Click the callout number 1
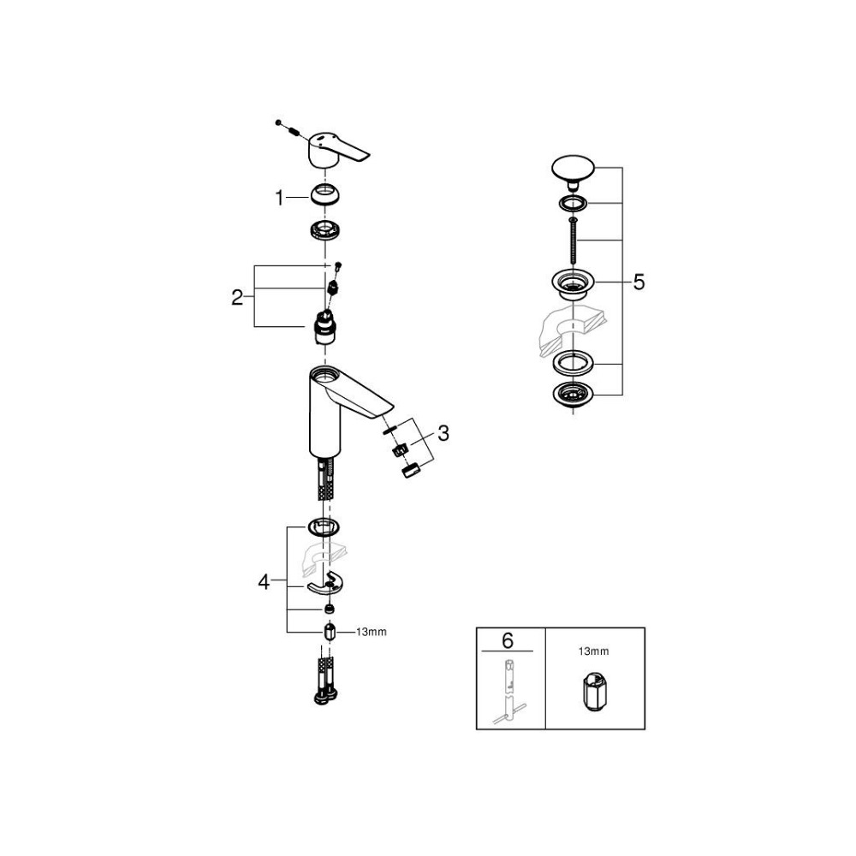pyautogui.click(x=280, y=198)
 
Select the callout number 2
pyautogui.click(x=237, y=298)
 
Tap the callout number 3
pyautogui.click(x=443, y=433)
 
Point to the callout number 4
pyautogui.click(x=264, y=582)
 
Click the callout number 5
pyautogui.click(x=639, y=282)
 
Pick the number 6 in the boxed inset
pyautogui.click(x=508, y=640)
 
